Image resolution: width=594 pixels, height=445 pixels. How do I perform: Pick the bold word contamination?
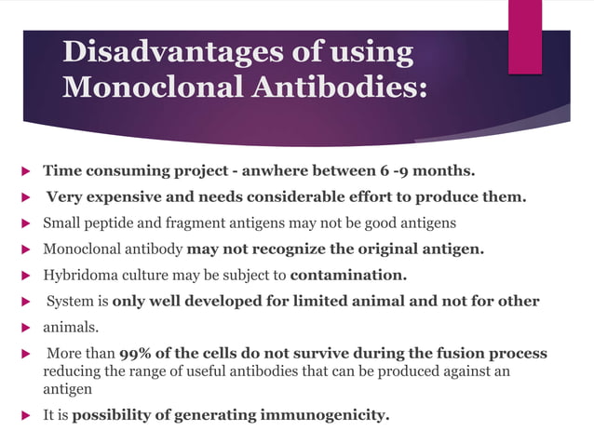tap(348, 276)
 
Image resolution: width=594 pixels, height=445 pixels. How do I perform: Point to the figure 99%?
tap(138, 354)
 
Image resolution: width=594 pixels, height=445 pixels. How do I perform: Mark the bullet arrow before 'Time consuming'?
tap(25, 172)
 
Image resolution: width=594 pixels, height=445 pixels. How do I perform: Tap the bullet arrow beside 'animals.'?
tap(25, 329)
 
